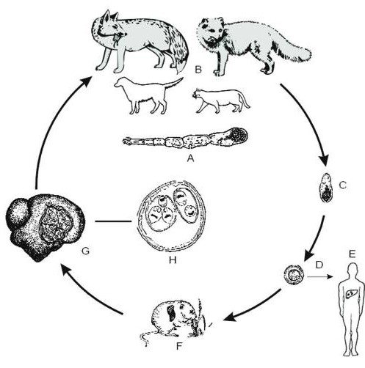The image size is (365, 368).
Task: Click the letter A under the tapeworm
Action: click(190, 158)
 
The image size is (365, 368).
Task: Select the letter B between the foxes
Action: click(198, 70)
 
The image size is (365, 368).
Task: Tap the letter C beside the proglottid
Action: click(343, 185)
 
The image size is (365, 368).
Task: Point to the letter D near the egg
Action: click(319, 265)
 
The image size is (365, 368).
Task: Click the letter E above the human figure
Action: click(352, 254)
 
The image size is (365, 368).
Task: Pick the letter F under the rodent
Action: click(179, 346)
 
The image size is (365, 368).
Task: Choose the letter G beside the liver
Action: click(85, 251)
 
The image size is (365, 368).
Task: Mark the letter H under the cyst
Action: click(173, 260)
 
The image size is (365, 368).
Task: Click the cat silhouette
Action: click(220, 101)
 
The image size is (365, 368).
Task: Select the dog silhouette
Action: click(147, 96)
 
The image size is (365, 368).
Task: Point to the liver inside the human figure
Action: click(350, 292)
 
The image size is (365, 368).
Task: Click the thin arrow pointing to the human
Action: click(320, 276)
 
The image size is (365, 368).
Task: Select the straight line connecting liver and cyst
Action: click(113, 221)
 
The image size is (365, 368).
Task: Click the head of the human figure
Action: click(352, 270)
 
